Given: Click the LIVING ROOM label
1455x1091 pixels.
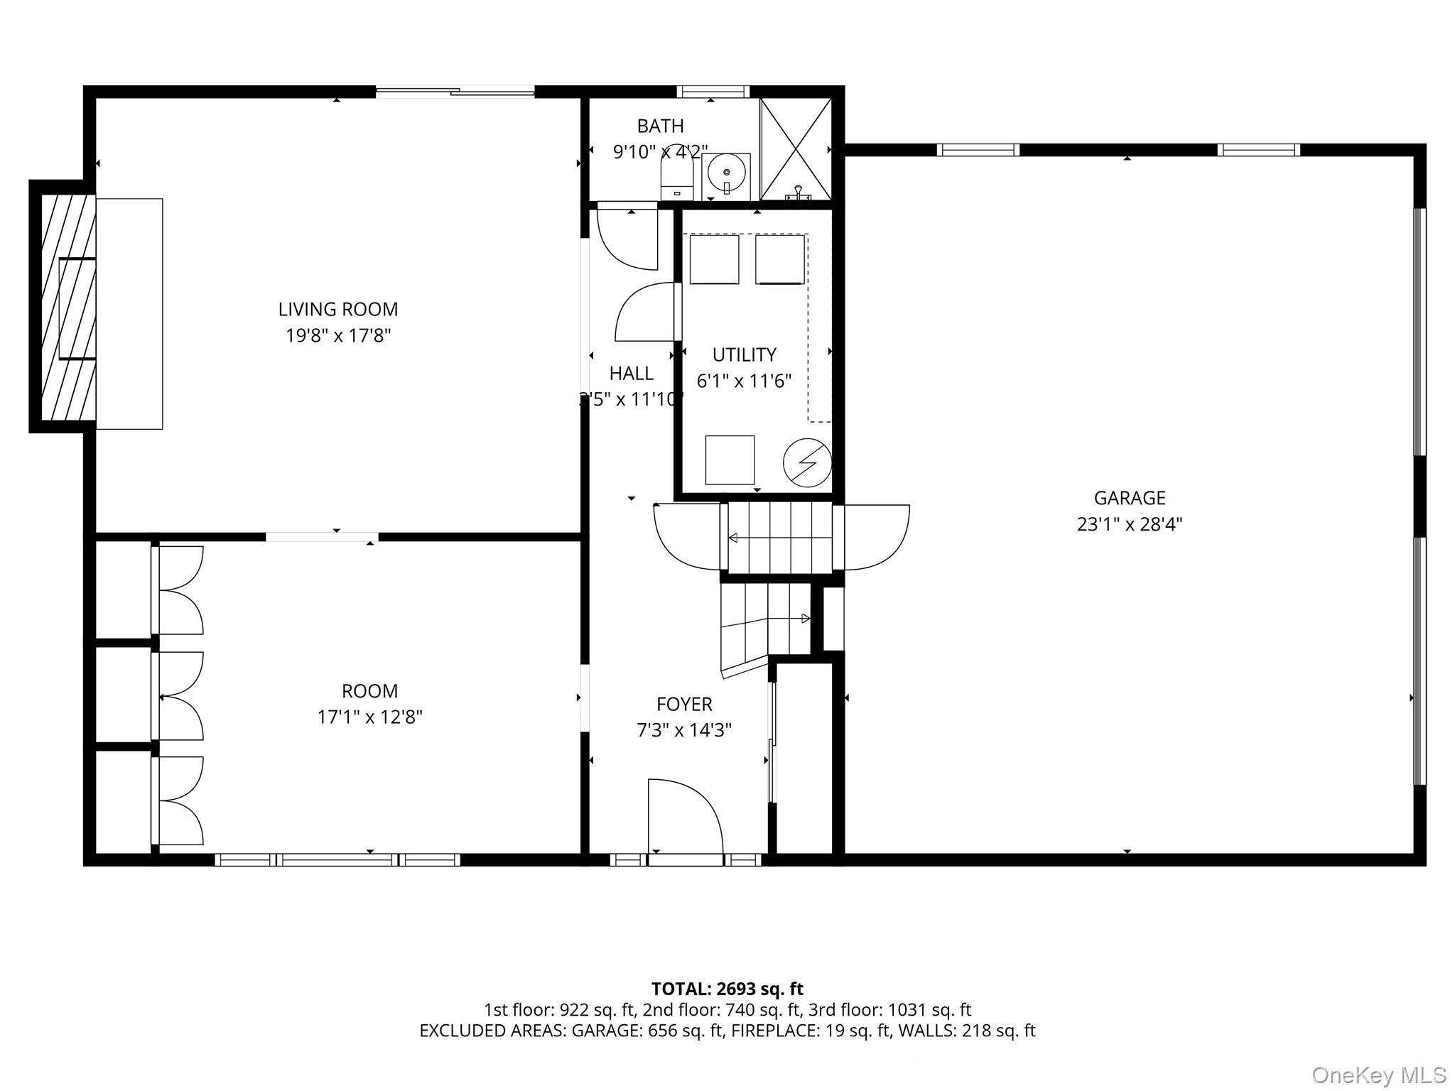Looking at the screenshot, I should tap(337, 310).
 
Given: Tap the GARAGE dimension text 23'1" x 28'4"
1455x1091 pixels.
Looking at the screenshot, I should tap(1129, 525).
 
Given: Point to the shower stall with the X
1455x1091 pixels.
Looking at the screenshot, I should tap(796, 148).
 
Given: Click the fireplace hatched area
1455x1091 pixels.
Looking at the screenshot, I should tap(68, 307).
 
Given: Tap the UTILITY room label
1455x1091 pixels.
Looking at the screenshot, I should tap(744, 354).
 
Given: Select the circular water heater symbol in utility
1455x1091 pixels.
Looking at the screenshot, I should tap(807, 462).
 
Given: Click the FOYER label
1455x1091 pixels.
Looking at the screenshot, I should tap(684, 704).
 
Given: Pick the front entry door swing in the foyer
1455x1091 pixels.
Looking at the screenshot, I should tap(686, 817).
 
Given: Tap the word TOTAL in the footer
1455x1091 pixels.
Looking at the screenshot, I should tap(681, 989).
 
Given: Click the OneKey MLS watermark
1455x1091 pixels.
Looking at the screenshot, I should tap(1378, 1075).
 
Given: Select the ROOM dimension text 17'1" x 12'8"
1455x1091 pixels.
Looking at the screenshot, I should tap(369, 717).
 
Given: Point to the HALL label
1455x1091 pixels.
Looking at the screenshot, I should tap(631, 374).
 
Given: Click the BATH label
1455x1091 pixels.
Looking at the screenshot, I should tap(660, 126).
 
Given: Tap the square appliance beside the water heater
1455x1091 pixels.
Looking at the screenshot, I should tap(730, 460).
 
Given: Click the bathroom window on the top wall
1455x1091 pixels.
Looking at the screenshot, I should tap(713, 91).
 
